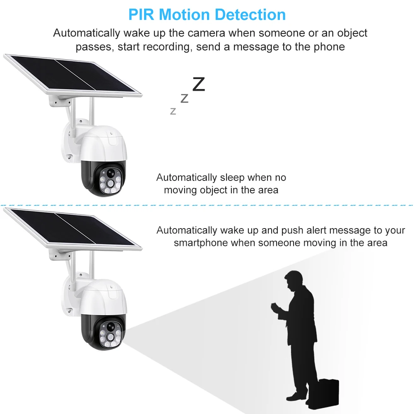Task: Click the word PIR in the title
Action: (x=142, y=14)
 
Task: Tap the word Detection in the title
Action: (x=252, y=14)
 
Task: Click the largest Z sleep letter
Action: (x=199, y=84)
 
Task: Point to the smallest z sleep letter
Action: (x=173, y=111)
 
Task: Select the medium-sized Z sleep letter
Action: (x=185, y=98)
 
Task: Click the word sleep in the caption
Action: (x=232, y=178)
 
